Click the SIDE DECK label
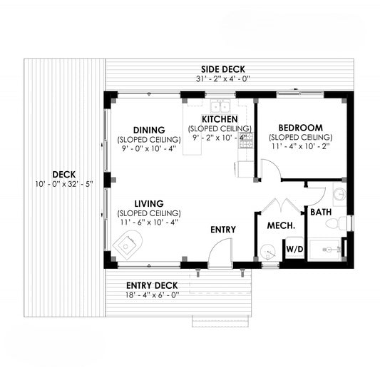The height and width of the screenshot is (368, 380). point(223,69)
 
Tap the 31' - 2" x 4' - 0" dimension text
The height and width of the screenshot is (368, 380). point(223,78)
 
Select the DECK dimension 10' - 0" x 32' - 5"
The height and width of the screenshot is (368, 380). point(64,184)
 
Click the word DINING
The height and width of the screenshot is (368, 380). point(149,131)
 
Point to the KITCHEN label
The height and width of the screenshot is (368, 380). point(220,119)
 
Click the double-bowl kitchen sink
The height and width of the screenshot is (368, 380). point(220,106)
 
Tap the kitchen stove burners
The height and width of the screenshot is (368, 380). point(246,140)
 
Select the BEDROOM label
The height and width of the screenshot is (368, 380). point(301,128)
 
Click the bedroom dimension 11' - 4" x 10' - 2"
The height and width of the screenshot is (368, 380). point(301,146)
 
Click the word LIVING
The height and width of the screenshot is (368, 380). point(149,204)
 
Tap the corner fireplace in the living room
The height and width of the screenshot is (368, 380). point(128,245)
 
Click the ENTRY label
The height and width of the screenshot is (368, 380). point(223,230)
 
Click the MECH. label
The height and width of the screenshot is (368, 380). point(281,225)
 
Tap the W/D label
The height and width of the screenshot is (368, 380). point(294,249)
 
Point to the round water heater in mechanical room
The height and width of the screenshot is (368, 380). point(268,251)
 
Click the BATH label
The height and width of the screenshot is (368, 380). point(321,212)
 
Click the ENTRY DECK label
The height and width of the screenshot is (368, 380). point(152,285)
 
